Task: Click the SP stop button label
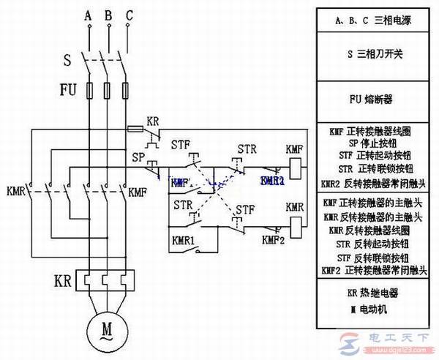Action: click(x=138, y=157)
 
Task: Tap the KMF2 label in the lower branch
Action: click(x=273, y=240)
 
